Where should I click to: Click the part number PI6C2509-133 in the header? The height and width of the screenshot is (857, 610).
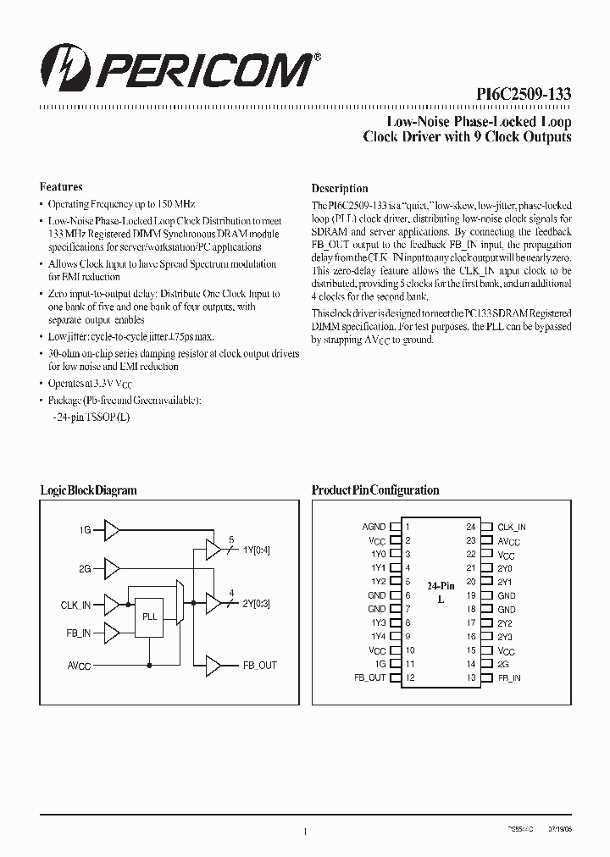(523, 95)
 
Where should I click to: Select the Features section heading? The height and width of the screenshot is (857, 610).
(61, 186)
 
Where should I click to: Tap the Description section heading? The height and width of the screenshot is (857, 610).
(340, 188)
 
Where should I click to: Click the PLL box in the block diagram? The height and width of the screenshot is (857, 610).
(149, 617)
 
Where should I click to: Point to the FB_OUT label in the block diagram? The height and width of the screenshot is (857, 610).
(260, 666)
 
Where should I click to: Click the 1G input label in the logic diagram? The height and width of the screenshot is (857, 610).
(85, 530)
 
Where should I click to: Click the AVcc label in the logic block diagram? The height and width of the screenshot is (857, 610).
(79, 666)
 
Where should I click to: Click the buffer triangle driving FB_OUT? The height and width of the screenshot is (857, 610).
(213, 666)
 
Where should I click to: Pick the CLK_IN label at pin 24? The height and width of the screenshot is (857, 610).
(512, 527)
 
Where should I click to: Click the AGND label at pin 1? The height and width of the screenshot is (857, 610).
(374, 527)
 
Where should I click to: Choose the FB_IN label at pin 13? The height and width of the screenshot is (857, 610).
(509, 678)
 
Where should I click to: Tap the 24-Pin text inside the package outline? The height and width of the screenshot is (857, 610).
(440, 585)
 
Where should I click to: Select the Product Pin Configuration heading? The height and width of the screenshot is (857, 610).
(375, 490)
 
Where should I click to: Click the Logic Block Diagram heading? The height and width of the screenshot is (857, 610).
(88, 490)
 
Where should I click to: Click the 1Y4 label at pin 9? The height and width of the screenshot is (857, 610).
(378, 637)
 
